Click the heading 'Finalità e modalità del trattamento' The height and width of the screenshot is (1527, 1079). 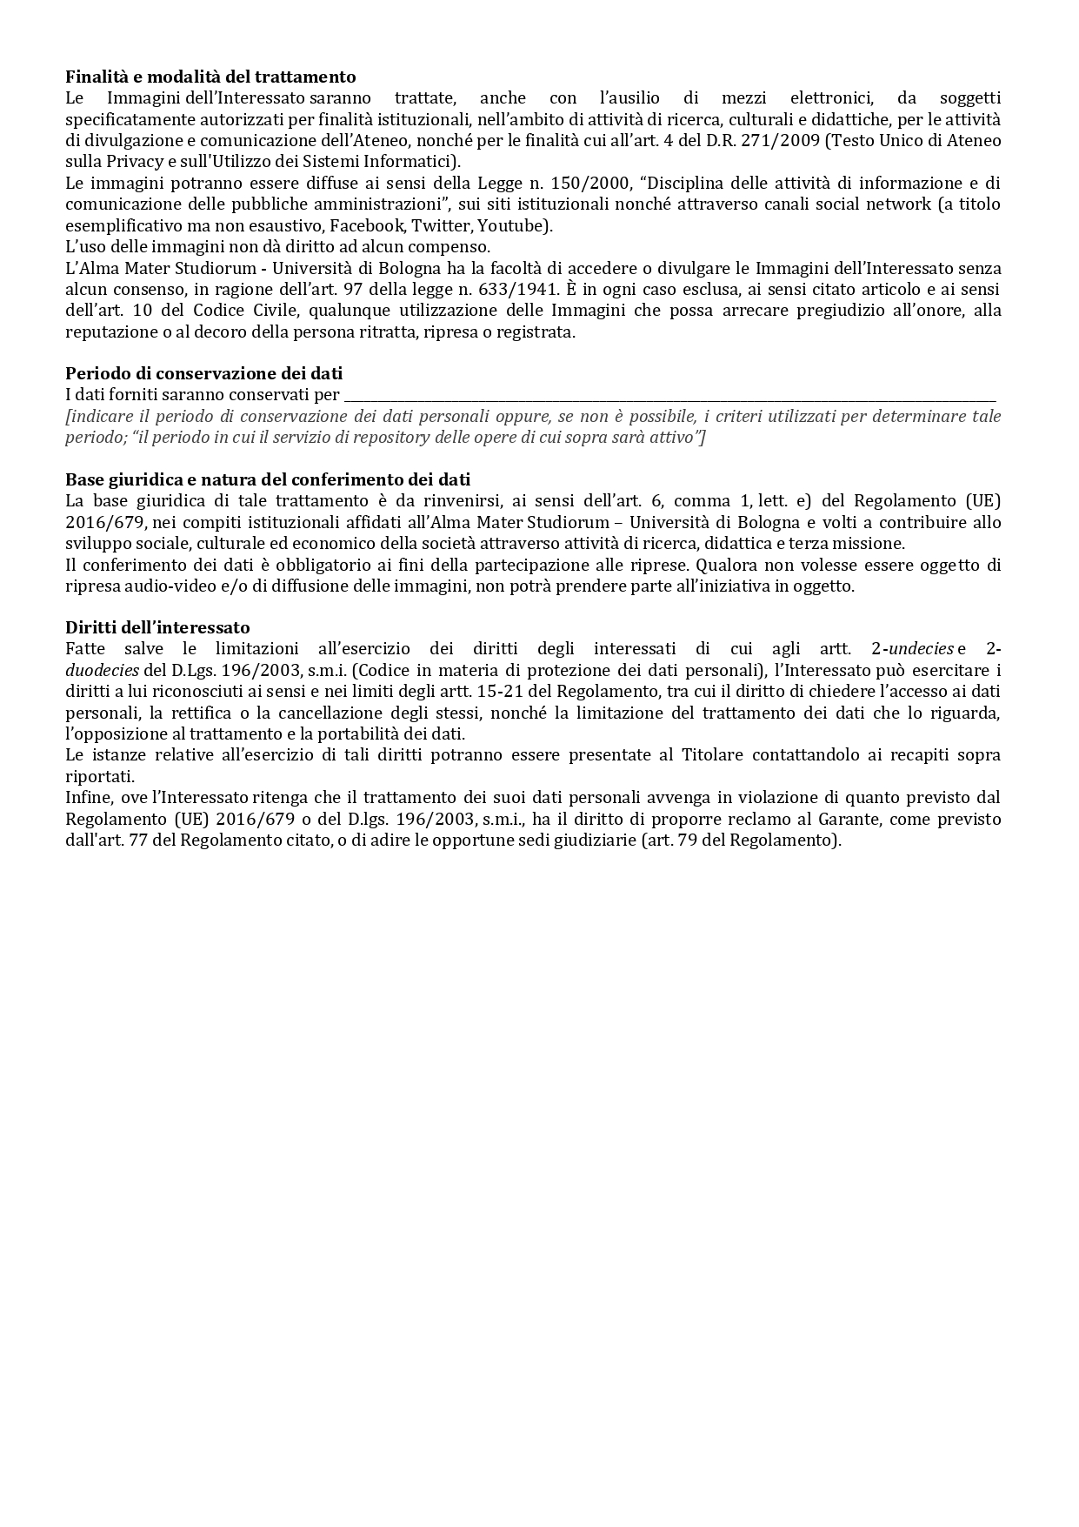coord(210,77)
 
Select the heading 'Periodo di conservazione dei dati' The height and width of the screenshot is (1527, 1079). coord(203,373)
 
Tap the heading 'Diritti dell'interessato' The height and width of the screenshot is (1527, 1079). coord(157,627)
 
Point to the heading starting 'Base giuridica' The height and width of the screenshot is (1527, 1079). coord(268,479)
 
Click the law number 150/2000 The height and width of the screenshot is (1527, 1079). coord(590,184)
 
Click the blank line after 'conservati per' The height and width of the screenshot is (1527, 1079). coord(669,396)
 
